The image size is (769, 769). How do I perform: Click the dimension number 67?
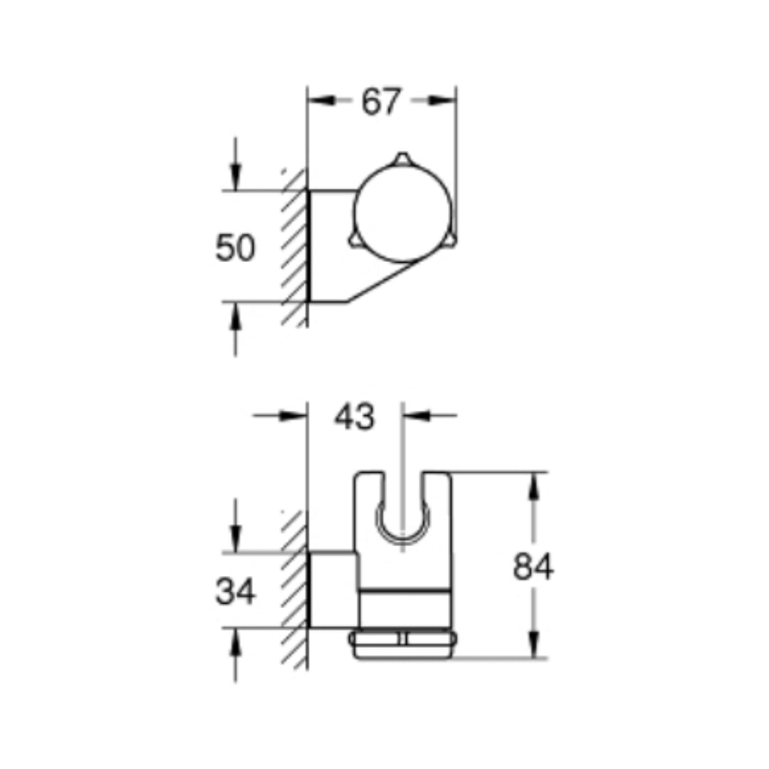pos(381,102)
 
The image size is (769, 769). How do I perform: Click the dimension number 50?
pos(235,249)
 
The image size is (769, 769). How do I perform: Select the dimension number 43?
pos(355,417)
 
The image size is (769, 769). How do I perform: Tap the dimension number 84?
pos(533,568)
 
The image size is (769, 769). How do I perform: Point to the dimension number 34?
pos(235,592)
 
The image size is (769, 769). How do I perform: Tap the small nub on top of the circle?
pos(403,158)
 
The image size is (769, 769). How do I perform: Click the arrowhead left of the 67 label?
pos(321,101)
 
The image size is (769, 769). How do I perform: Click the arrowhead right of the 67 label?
pos(443,101)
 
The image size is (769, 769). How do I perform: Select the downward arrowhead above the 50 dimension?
pos(236,178)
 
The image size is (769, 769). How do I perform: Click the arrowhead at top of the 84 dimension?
pos(533,484)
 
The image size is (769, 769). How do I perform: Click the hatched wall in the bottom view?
pos(293,591)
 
